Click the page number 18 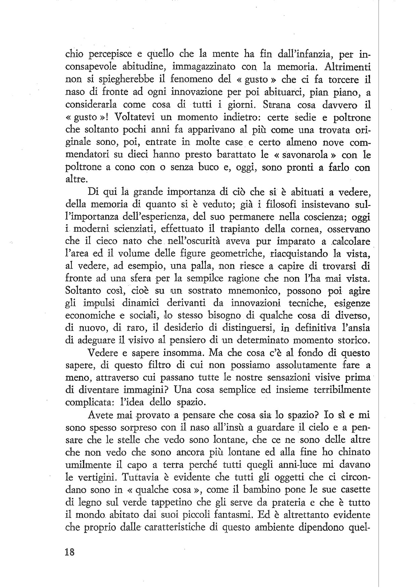tap(70, 551)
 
